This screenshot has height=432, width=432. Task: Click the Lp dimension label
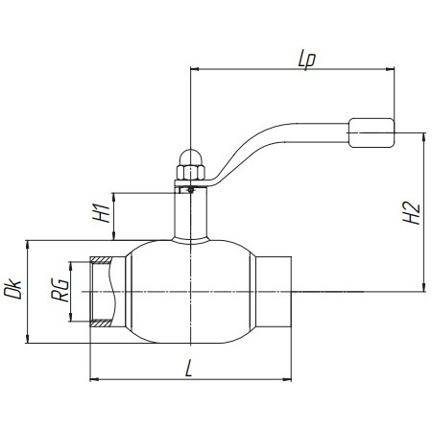(307, 60)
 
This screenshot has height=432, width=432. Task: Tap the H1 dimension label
(102, 213)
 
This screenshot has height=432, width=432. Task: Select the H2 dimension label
(411, 213)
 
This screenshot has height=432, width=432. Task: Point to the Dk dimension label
(12, 289)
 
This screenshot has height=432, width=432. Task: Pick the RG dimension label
(60, 290)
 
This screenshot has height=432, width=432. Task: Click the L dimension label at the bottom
(189, 369)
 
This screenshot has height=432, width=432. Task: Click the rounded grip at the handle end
(372, 132)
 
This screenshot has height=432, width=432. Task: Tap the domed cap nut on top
(190, 157)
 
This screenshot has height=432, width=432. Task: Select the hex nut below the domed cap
(190, 172)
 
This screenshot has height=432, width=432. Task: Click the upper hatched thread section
(101, 260)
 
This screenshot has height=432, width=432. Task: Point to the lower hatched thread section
(101, 324)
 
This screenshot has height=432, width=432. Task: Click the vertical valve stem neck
(190, 213)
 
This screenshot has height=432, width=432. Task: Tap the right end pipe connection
(274, 292)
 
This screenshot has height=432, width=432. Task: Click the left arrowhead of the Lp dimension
(194, 68)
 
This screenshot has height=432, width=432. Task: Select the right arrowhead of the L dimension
(287, 379)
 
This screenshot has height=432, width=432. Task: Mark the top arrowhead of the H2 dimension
(424, 137)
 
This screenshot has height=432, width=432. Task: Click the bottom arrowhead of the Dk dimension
(28, 339)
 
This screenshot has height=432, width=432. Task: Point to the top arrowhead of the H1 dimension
(113, 197)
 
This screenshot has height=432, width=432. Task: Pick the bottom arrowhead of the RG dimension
(70, 318)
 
